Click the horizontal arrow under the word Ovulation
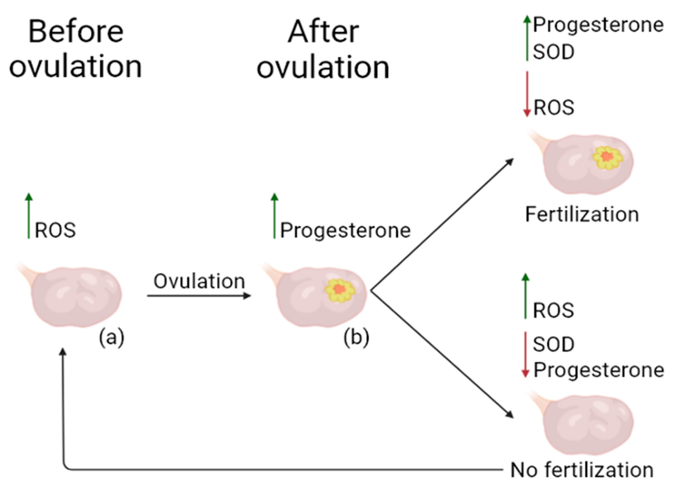coord(199,296)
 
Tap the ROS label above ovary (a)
coord(55,230)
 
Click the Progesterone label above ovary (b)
coord(345,230)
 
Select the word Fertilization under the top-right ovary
coord(582,214)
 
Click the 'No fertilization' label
coord(582,470)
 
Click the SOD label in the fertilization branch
coord(553,52)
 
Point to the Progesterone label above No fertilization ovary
coord(599,370)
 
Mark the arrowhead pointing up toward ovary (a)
coord(63,352)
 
